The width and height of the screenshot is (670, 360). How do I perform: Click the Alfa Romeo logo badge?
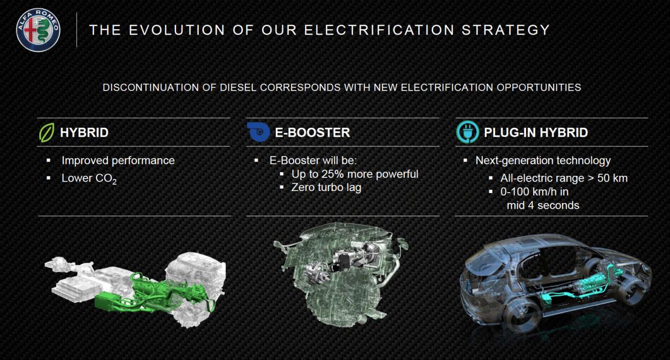(x=38, y=30)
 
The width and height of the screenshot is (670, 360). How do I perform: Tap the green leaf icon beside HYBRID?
(x=47, y=132)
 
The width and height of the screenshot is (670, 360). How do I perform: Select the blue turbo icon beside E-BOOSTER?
(x=259, y=132)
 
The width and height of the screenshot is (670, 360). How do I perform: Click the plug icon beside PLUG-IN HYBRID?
(x=467, y=132)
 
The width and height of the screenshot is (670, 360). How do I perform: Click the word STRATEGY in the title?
(x=506, y=30)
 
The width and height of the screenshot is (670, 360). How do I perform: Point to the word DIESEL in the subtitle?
(x=238, y=87)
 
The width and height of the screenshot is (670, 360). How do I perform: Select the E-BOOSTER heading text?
(x=312, y=132)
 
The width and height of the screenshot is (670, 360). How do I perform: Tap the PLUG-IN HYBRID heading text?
(x=535, y=132)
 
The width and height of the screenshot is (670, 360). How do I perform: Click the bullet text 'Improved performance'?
(x=118, y=161)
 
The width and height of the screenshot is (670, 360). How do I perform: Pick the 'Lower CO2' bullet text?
(x=89, y=178)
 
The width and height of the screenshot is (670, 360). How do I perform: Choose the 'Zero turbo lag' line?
(x=326, y=187)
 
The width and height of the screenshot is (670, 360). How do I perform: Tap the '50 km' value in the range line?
(x=612, y=178)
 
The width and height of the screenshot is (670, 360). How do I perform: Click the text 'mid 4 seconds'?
(x=543, y=206)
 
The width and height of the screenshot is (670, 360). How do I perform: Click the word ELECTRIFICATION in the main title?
(x=379, y=30)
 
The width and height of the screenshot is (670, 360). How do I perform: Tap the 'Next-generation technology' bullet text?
(x=543, y=161)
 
